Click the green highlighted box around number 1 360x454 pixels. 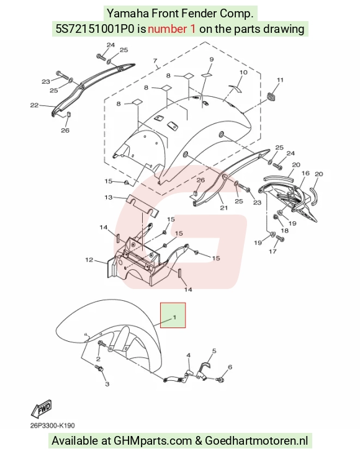tap(173, 315)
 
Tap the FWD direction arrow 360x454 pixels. tap(42, 408)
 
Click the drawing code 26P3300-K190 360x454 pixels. tap(53, 425)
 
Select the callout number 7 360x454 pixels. tap(155, 61)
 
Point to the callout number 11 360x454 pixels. tap(280, 80)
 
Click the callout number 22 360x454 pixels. tap(34, 105)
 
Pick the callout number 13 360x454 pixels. tap(109, 197)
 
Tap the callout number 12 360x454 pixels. tap(89, 260)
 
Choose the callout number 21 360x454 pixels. tap(224, 208)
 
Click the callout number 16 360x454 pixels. tap(305, 173)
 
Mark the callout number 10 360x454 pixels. tap(243, 72)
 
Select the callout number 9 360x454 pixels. tap(211, 60)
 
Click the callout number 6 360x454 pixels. tap(230, 367)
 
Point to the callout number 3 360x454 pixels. tap(107, 384)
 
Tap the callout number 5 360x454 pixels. tap(214, 351)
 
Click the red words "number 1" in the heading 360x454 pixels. tap(171, 29)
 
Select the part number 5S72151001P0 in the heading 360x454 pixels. tap(96, 29)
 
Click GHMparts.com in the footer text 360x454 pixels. tap(153, 441)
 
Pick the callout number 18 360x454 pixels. tap(285, 231)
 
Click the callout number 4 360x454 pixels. tap(189, 355)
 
